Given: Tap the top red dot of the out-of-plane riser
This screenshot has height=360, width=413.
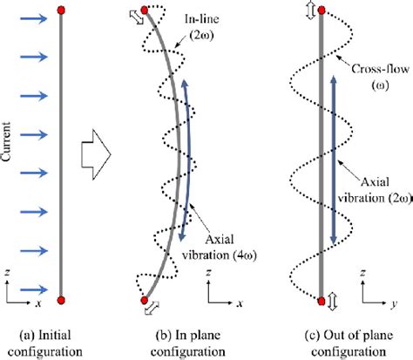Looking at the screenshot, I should click(x=325, y=11).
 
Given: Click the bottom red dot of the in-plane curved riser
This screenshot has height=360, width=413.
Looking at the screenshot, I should click(x=146, y=300).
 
